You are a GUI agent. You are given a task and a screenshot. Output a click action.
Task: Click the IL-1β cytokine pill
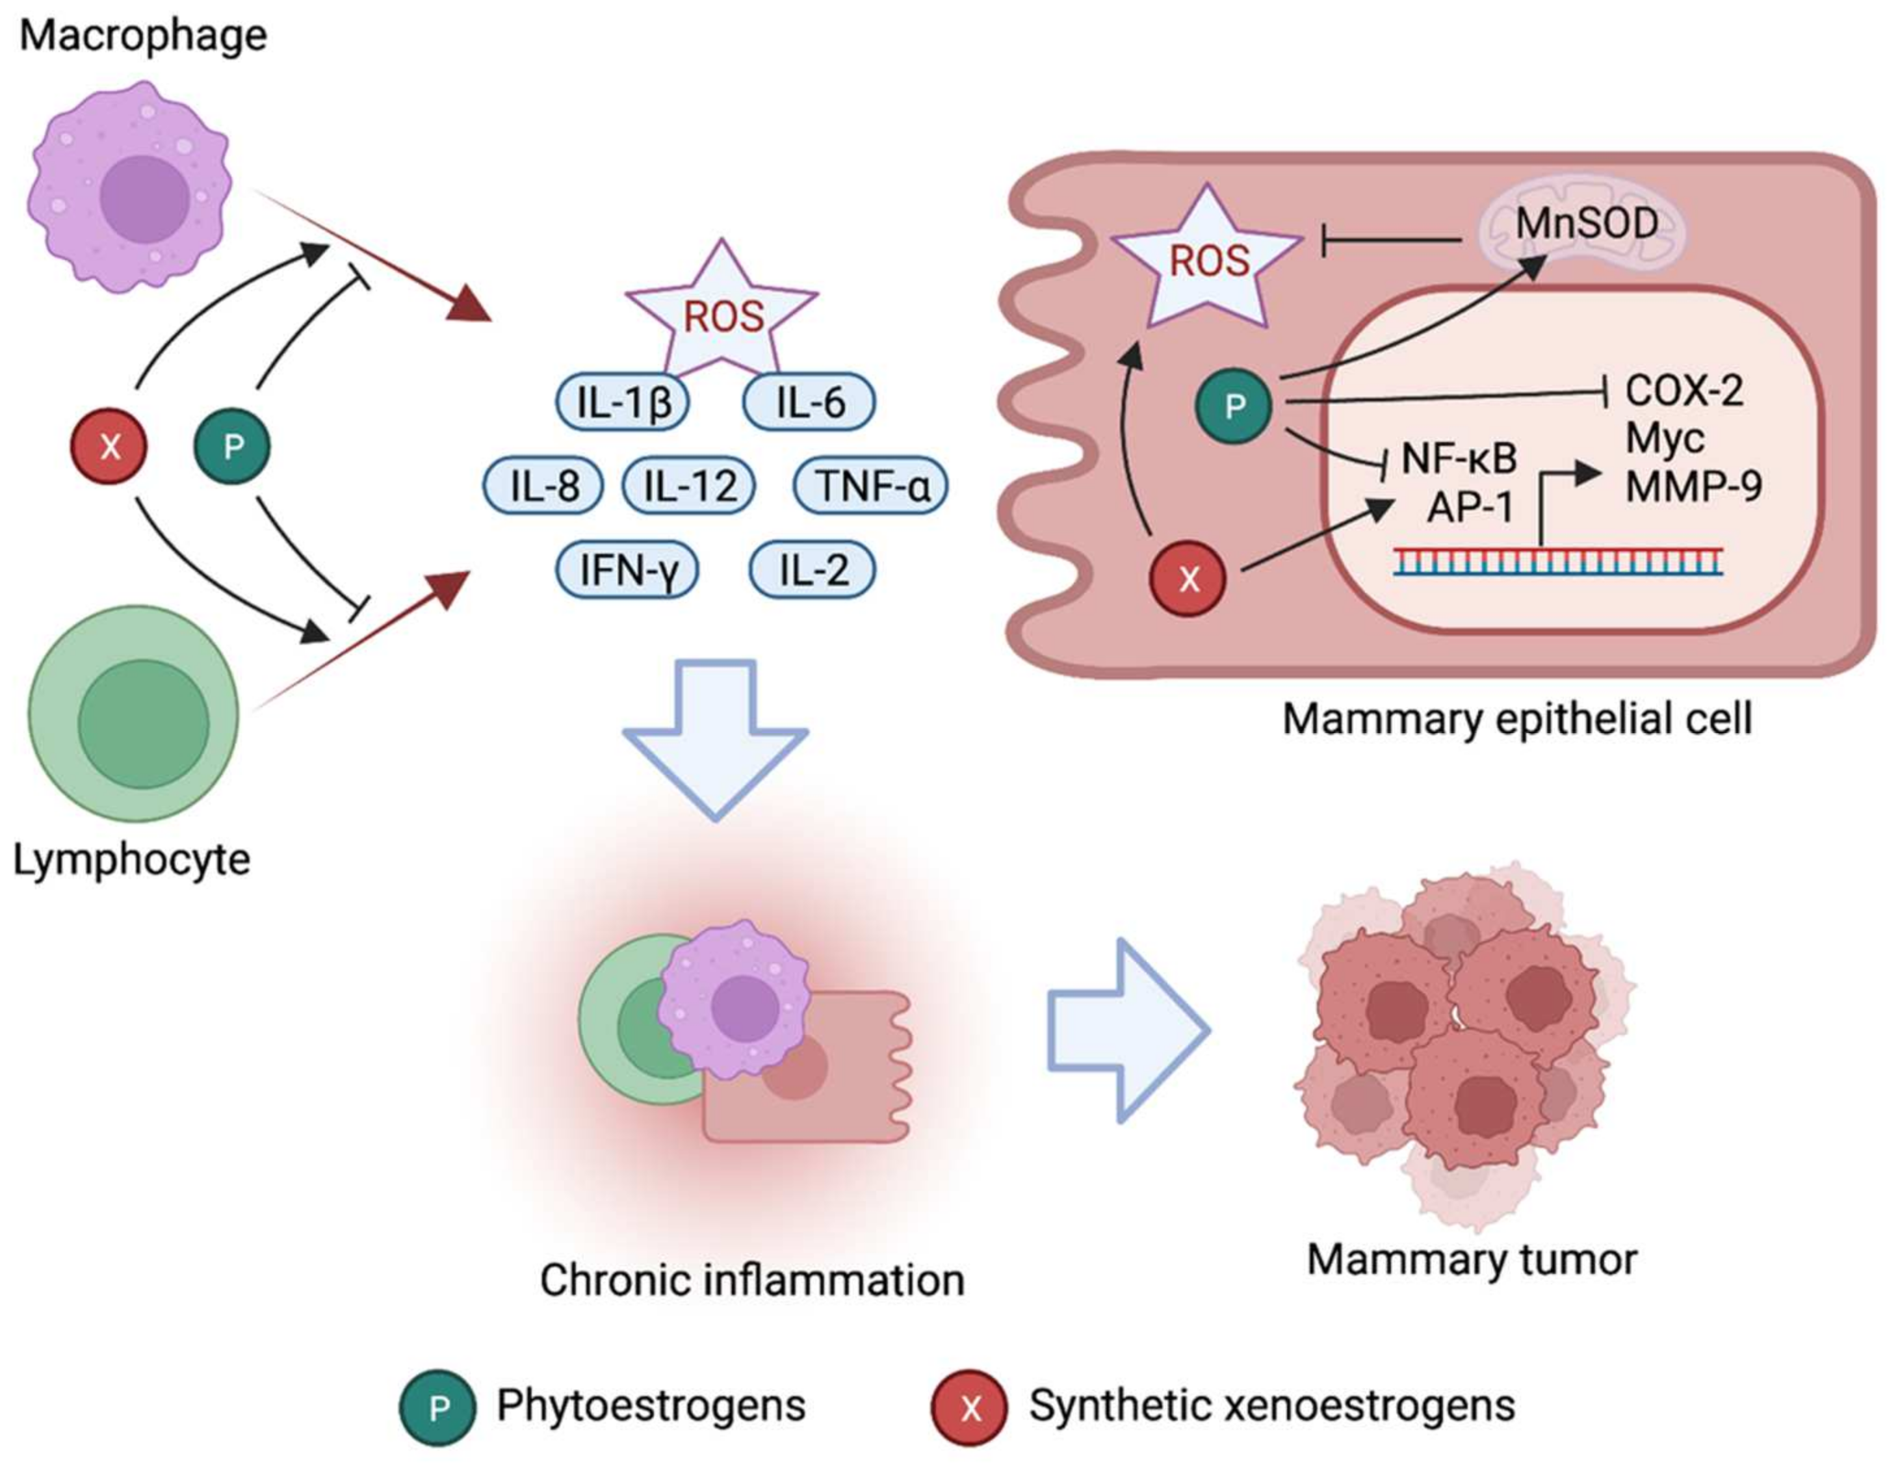[622, 402]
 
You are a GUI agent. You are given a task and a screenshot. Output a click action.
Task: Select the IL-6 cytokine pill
[809, 402]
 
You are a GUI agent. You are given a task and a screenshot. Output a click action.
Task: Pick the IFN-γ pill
[627, 570]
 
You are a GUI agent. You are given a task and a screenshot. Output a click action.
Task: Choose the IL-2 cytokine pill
[812, 570]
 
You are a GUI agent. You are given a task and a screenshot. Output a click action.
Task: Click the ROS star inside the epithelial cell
[1208, 261]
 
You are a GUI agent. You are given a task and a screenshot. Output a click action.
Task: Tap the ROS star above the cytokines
[722, 315]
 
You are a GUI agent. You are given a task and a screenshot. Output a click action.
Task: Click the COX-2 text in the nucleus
[1683, 391]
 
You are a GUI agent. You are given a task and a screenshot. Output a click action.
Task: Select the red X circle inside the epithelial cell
[1188, 578]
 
